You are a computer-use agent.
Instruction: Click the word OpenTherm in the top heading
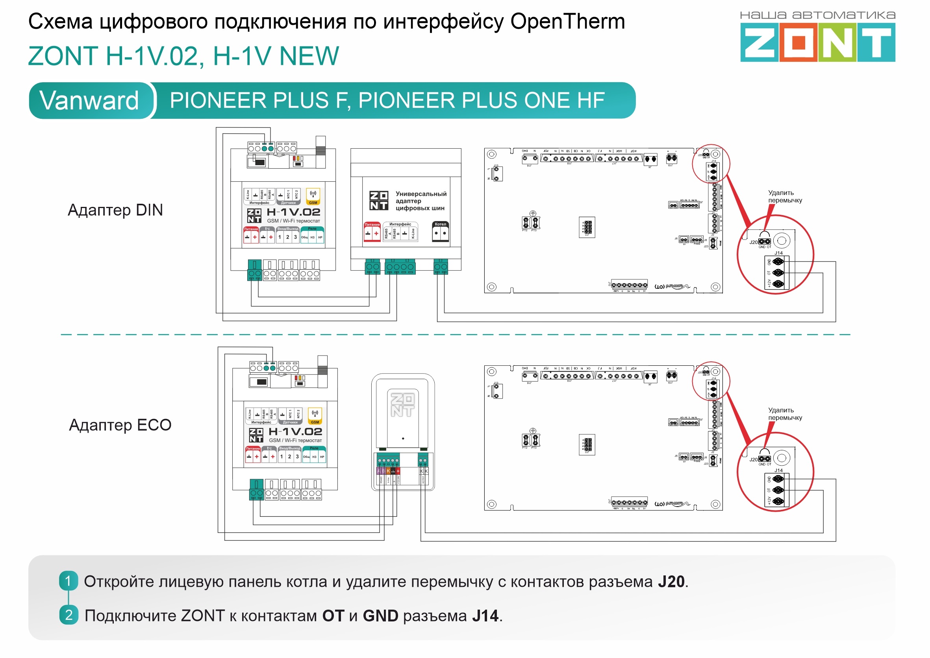point(567,21)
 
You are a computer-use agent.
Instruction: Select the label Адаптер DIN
point(115,210)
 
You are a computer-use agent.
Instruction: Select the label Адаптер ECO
point(120,425)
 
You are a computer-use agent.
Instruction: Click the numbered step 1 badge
point(68,581)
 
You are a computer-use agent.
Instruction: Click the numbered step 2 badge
point(69,615)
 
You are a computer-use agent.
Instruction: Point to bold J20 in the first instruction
point(671,581)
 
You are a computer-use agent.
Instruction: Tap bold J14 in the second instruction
point(485,616)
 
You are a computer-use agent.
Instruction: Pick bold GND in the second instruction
point(380,616)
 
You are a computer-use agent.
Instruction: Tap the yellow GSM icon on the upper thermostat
point(313,196)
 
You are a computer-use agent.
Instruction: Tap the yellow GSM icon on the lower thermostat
point(315,415)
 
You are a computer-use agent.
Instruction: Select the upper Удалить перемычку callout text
point(785,197)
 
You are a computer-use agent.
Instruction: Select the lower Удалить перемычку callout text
point(785,414)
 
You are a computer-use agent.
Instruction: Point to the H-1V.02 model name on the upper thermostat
point(293,212)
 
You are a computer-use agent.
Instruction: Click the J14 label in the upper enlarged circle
point(778,253)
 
